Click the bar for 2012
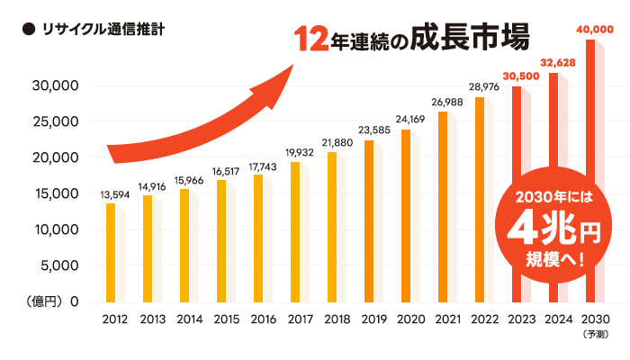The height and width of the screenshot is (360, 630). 111,253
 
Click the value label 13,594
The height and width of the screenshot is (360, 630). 114,193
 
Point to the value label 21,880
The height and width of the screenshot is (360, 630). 337,142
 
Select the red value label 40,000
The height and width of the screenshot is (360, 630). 593,30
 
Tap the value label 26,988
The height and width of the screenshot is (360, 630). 447,103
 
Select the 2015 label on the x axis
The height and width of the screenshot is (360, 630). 226,319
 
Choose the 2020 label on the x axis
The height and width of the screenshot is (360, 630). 410,319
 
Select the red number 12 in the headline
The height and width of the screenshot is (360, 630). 311,40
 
